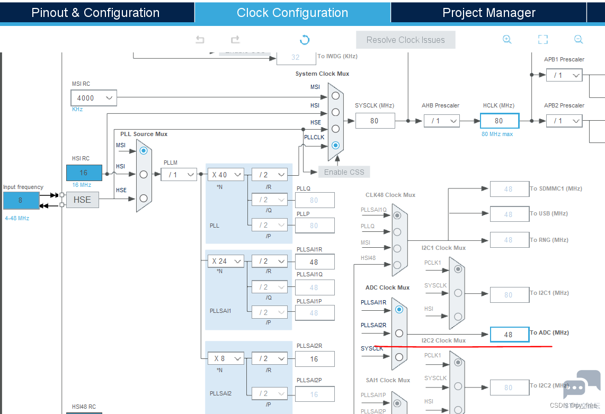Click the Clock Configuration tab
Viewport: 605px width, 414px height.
click(x=292, y=13)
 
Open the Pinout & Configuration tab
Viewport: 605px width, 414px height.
click(x=95, y=13)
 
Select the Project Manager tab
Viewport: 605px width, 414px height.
click(x=488, y=13)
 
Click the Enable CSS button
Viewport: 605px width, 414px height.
click(x=344, y=172)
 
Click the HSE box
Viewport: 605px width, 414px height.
click(x=82, y=200)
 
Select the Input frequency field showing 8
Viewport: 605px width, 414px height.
click(x=21, y=201)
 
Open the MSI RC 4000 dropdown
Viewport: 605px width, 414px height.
click(x=94, y=98)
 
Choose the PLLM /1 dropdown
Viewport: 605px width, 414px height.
click(x=179, y=174)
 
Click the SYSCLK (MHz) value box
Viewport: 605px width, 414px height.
click(x=375, y=121)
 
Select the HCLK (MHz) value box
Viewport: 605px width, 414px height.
click(x=499, y=121)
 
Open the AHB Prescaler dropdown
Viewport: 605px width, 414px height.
click(x=441, y=121)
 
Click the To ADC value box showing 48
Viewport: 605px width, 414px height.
click(x=509, y=335)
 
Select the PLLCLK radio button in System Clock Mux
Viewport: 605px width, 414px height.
click(x=335, y=145)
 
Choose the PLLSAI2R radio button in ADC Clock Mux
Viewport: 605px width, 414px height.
click(x=399, y=333)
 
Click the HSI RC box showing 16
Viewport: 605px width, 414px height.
click(x=84, y=173)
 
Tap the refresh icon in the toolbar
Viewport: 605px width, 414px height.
click(x=305, y=40)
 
